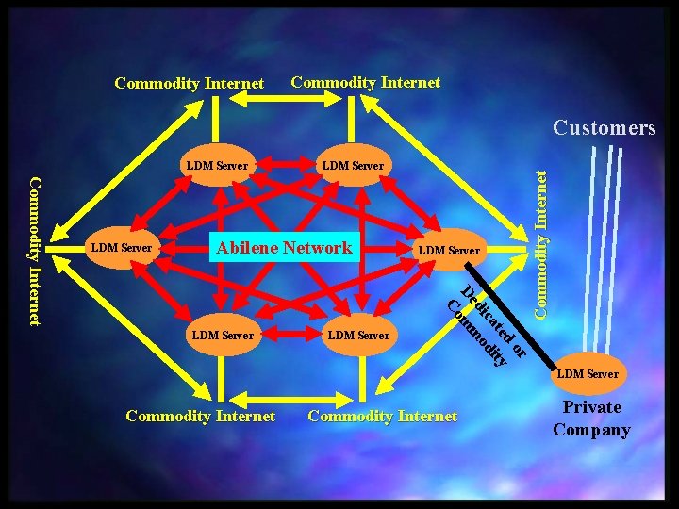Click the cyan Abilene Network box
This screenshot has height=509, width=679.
click(285, 247)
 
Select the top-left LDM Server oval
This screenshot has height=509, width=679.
click(218, 165)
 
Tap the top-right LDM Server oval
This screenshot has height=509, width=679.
click(354, 165)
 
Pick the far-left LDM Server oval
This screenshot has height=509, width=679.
click(122, 248)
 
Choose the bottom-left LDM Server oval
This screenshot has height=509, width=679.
click(223, 335)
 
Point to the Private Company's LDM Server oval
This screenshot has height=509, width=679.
click(588, 373)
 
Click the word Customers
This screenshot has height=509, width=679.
click(604, 128)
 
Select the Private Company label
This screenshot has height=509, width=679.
click(591, 419)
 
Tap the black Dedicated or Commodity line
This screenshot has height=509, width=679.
click(510, 316)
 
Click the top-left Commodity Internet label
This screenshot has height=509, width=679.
click(190, 83)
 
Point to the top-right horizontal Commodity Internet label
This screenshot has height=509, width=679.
click(366, 82)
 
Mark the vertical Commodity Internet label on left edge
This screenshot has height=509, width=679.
click(36, 251)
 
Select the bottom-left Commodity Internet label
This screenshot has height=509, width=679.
click(201, 416)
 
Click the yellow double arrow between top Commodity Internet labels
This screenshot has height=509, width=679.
click(286, 99)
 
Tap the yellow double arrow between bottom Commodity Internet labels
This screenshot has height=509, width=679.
click(291, 400)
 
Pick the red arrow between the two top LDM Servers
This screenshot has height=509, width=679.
click(286, 164)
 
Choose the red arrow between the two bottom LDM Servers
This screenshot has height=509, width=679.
click(291, 334)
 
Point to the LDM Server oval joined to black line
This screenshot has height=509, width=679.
click(449, 250)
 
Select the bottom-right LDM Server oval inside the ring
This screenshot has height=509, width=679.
click(359, 335)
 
